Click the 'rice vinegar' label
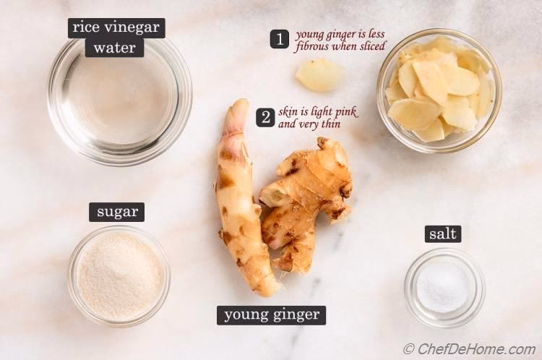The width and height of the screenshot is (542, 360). click(x=116, y=28)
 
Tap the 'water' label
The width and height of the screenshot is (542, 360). click(x=114, y=48)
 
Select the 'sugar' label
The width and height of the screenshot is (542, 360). click(x=116, y=212)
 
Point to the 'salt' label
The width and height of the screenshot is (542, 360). click(x=442, y=233)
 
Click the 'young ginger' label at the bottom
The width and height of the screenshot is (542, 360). click(x=271, y=314)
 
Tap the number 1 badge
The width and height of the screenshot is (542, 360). click(x=280, y=39)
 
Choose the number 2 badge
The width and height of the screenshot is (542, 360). click(x=265, y=117)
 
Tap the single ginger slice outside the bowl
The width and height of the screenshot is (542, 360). click(x=319, y=75)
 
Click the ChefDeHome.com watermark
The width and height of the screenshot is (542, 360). click(x=469, y=349)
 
